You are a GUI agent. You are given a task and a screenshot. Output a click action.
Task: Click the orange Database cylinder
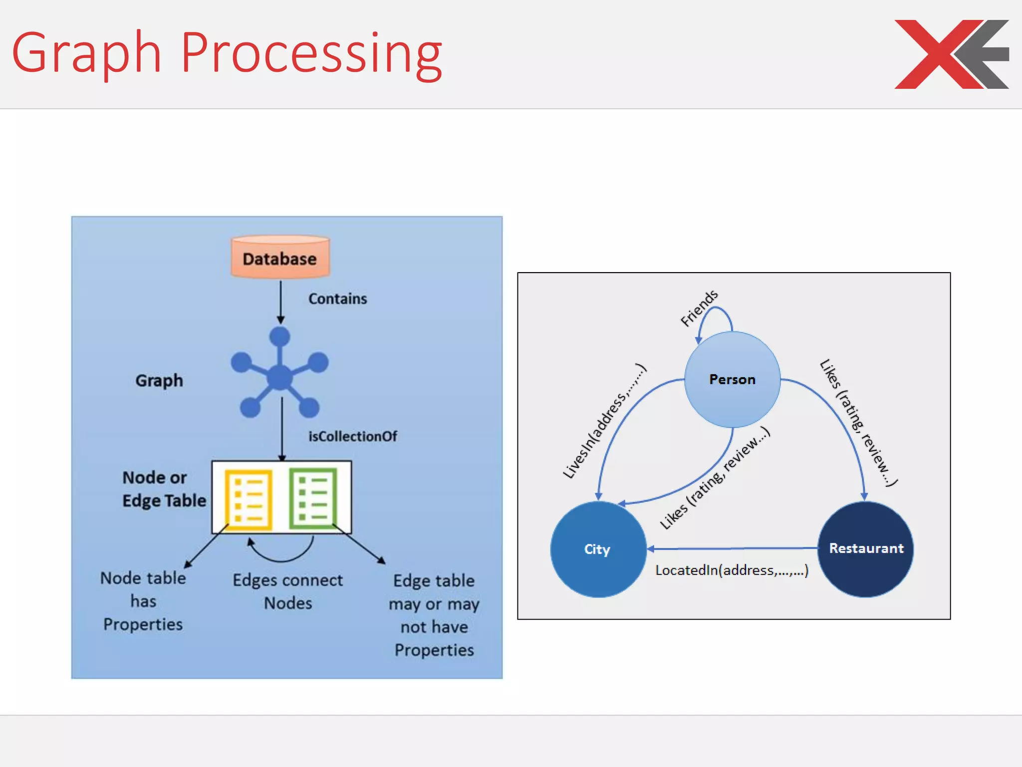[x=280, y=258]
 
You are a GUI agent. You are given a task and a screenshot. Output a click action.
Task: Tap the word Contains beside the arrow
[x=337, y=299]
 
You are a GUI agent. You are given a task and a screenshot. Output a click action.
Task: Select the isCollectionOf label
[x=352, y=436]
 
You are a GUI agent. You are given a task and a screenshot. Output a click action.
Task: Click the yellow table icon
[x=248, y=499]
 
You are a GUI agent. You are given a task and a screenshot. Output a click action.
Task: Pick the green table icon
[x=313, y=498]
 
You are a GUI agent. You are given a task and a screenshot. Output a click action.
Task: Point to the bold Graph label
[x=159, y=381]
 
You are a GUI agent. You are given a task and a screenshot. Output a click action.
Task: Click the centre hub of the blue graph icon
[x=279, y=377]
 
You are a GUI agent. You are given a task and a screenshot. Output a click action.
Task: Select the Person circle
[x=732, y=380]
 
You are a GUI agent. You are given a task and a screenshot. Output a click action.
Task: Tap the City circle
[x=598, y=549]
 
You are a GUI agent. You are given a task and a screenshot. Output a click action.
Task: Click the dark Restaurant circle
[x=866, y=548]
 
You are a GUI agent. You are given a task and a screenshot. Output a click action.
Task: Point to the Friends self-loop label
[x=699, y=308]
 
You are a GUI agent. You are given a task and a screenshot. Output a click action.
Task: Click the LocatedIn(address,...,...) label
[x=732, y=570]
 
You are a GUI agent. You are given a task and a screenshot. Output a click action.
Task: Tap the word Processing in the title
[x=311, y=53]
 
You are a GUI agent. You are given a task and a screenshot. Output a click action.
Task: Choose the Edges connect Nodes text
[x=288, y=591]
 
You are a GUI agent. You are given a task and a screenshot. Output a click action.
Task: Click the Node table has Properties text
[x=143, y=601]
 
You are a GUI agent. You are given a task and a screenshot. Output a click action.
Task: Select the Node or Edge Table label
[x=164, y=489]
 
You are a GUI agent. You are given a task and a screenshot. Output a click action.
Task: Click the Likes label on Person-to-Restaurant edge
[x=858, y=422]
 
